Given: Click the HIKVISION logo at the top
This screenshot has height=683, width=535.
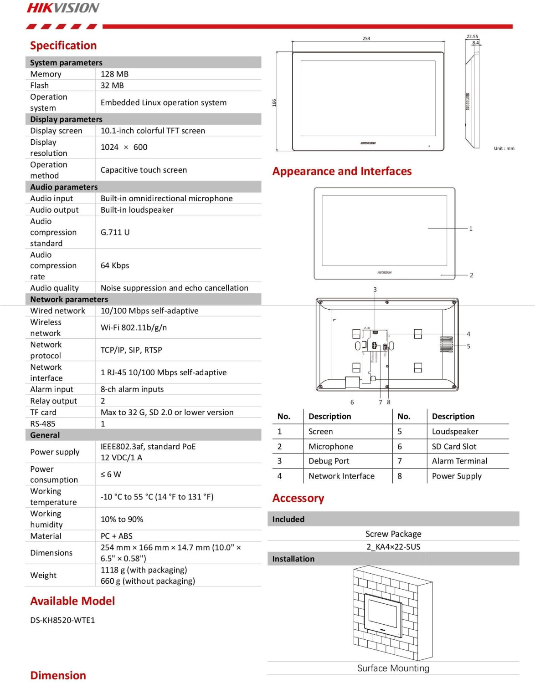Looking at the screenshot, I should click(63, 8).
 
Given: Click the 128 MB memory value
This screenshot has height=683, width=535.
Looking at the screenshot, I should click(114, 74).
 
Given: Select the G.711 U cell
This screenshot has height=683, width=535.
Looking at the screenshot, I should click(115, 232).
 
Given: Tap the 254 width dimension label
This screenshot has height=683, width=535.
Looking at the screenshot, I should click(366, 38).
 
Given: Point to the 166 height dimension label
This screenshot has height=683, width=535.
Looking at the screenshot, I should click(274, 103).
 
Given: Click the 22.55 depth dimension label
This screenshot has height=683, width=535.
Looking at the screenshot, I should click(472, 36).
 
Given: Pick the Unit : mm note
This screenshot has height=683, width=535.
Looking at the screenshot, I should click(504, 148).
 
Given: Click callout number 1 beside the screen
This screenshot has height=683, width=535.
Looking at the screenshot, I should click(471, 229).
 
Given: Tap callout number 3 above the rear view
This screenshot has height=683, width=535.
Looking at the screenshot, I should click(375, 290).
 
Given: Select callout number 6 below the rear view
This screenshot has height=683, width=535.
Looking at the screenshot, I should click(352, 402).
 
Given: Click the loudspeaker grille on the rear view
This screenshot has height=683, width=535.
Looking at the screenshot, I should click(446, 344).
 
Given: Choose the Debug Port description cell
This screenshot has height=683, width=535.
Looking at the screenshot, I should click(329, 461).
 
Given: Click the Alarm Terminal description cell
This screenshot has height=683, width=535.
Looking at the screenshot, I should click(459, 461).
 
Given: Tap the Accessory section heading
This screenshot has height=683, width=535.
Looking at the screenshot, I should click(298, 498).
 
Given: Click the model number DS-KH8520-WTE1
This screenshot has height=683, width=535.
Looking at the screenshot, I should click(62, 620).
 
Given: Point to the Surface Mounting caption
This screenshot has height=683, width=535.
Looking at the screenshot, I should click(393, 668).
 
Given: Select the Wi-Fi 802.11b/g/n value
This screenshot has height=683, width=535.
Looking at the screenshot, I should click(134, 327).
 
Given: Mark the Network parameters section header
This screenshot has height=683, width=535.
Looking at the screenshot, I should click(69, 299).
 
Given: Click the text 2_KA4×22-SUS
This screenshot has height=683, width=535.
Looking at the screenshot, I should click(393, 546).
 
